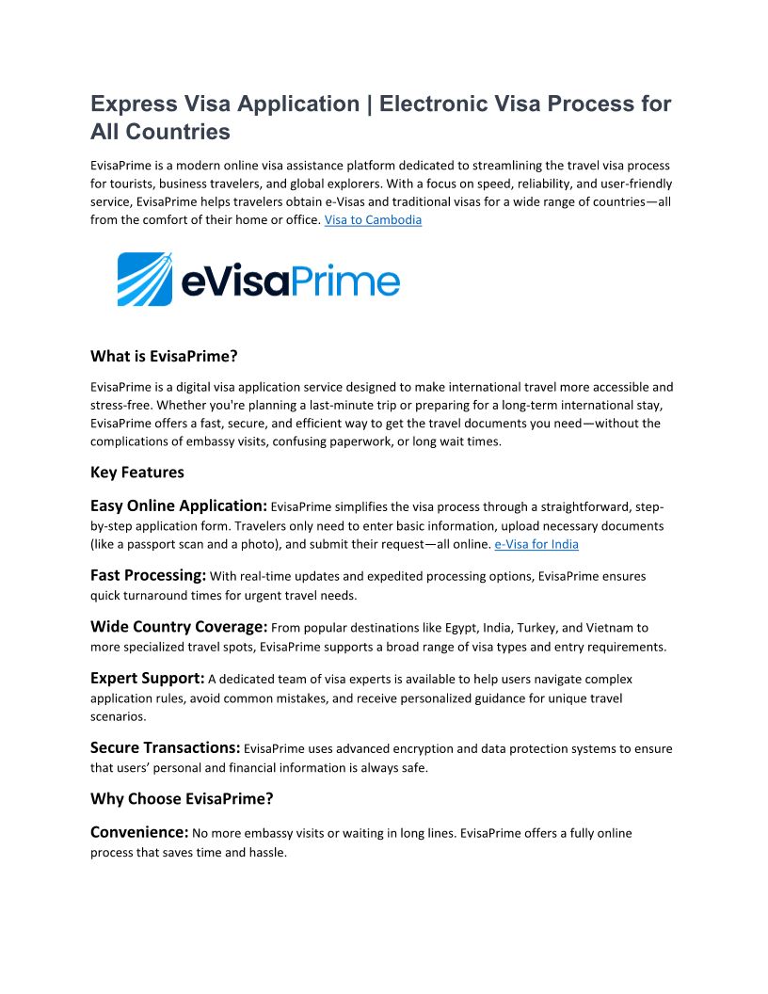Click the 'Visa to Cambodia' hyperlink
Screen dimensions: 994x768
tap(373, 220)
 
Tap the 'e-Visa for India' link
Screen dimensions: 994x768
tap(536, 544)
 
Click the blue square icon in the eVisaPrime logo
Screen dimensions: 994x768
tap(145, 279)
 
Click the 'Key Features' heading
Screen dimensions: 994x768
tap(137, 472)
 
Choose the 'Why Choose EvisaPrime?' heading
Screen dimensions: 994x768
tap(182, 799)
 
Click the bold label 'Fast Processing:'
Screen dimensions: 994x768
tap(148, 574)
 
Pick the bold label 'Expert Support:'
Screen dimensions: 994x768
tap(147, 678)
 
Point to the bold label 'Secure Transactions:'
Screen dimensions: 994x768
tap(165, 747)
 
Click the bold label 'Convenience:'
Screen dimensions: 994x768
tap(139, 832)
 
